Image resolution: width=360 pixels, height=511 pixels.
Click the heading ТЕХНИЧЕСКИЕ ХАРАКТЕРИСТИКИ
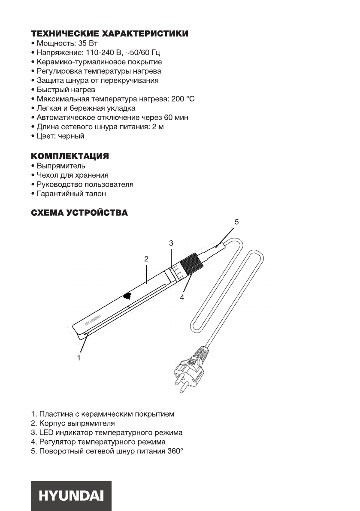109,33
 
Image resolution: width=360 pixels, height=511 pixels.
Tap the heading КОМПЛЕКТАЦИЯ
70,156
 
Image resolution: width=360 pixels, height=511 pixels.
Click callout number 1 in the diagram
79,356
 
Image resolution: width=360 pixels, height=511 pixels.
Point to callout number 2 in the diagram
146,259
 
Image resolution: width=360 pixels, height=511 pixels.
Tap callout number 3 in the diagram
171,243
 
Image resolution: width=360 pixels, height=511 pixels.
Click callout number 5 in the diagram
236,222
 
